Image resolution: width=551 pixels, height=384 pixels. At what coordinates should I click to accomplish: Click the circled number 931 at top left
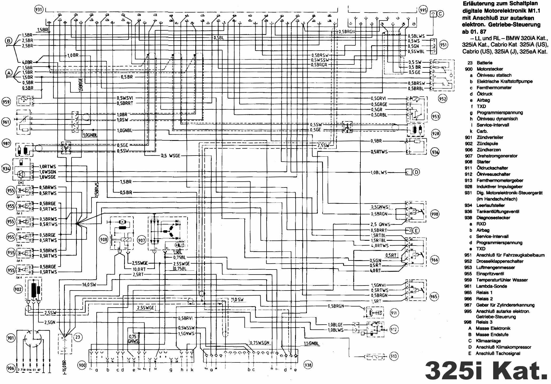pyautogui.click(x=39, y=10)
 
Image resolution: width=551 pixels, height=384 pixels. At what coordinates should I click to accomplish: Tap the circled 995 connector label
pyautogui.click(x=423, y=10)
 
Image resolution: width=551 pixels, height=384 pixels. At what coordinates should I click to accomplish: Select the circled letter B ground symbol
pyautogui.click(x=9, y=41)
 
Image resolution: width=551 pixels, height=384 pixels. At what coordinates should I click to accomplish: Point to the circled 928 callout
pyautogui.click(x=435, y=133)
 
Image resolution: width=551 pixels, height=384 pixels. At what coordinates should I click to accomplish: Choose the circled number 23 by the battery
pyautogui.click(x=77, y=337)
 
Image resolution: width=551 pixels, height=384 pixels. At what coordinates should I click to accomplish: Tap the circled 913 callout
pyautogui.click(x=394, y=356)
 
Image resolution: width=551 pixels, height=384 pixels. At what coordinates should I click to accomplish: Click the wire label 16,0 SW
pyautogui.click(x=89, y=285)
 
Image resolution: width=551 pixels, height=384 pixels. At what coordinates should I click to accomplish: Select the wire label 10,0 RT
pyautogui.click(x=139, y=269)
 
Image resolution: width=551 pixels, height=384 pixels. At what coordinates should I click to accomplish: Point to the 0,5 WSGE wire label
pyautogui.click(x=170, y=156)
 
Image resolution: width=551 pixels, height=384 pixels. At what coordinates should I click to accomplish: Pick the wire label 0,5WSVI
pyautogui.click(x=125, y=98)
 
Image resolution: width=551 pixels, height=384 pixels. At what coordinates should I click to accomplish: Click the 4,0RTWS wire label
pyautogui.click(x=380, y=246)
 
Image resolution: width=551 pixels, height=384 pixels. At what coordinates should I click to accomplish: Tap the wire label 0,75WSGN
pyautogui.click(x=260, y=343)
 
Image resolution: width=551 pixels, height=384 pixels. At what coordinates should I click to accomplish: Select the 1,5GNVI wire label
pyautogui.click(x=378, y=285)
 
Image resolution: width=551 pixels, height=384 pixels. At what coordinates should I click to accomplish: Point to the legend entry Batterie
pyautogui.click(x=485, y=63)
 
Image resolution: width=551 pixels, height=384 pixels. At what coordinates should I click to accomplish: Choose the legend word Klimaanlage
pyautogui.click(x=488, y=341)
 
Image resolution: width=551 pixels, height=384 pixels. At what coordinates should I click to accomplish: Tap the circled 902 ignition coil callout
pyautogui.click(x=18, y=289)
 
